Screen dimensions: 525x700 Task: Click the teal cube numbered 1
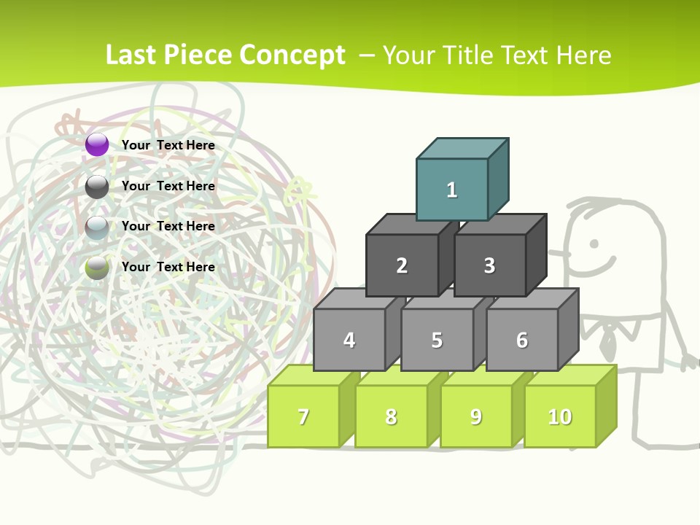452,190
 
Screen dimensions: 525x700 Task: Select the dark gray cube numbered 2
402,265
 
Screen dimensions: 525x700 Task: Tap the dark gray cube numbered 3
489,265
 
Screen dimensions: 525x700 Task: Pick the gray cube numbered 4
349,340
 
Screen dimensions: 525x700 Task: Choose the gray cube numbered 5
437,340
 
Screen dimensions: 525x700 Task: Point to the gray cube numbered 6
522,340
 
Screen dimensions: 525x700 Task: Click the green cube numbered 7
303,416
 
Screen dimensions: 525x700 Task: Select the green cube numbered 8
391,416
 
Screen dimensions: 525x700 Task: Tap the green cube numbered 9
476,416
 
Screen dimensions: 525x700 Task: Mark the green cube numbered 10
560,416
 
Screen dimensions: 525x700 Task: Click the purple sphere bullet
97,144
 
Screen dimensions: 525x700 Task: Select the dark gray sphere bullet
97,187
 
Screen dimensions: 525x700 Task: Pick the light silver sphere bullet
97,227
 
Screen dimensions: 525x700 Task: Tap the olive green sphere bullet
97,268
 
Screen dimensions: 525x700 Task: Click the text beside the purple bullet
168,145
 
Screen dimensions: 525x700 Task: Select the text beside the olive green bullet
168,267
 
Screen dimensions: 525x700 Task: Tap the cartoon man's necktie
607,336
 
